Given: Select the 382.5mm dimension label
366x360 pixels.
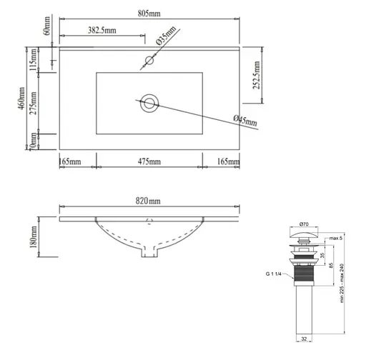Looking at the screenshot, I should click(104, 30).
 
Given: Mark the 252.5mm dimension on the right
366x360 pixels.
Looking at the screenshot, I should click(255, 74).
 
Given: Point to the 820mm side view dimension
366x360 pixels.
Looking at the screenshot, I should click(149, 202).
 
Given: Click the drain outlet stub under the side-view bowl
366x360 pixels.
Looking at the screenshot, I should click(149, 251).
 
